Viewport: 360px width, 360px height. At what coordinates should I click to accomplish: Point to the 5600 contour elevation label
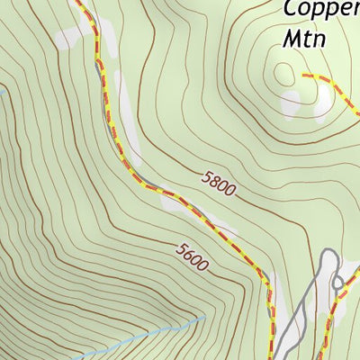(193, 257)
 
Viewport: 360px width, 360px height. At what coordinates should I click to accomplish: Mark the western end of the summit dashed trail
(304, 76)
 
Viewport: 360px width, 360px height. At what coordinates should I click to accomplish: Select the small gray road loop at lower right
(338, 283)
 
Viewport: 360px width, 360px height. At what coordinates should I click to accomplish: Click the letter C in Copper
(291, 10)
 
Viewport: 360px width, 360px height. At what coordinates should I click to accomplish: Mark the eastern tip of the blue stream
(203, 318)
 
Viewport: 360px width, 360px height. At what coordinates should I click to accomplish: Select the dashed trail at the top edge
(79, 4)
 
